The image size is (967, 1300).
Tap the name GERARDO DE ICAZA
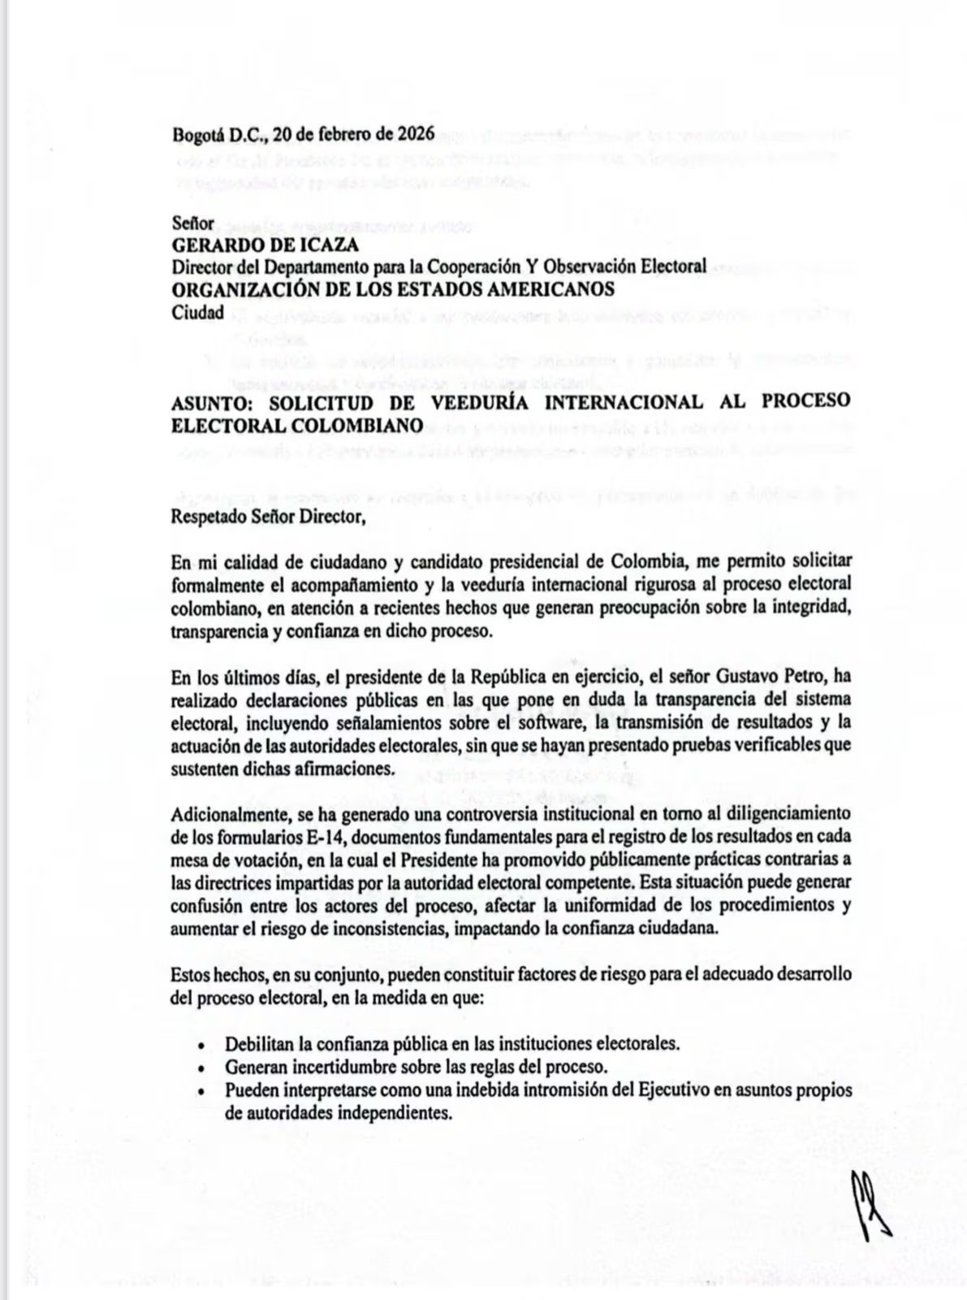pyautogui.click(x=265, y=245)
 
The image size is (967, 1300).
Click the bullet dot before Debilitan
pyautogui.click(x=201, y=1045)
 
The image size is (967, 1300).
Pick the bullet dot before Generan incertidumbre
pyautogui.click(x=201, y=1068)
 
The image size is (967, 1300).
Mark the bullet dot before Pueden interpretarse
pyautogui.click(x=201, y=1091)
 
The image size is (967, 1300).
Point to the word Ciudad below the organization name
pyautogui.click(x=197, y=311)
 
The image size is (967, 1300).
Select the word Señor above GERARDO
pyautogui.click(x=192, y=223)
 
